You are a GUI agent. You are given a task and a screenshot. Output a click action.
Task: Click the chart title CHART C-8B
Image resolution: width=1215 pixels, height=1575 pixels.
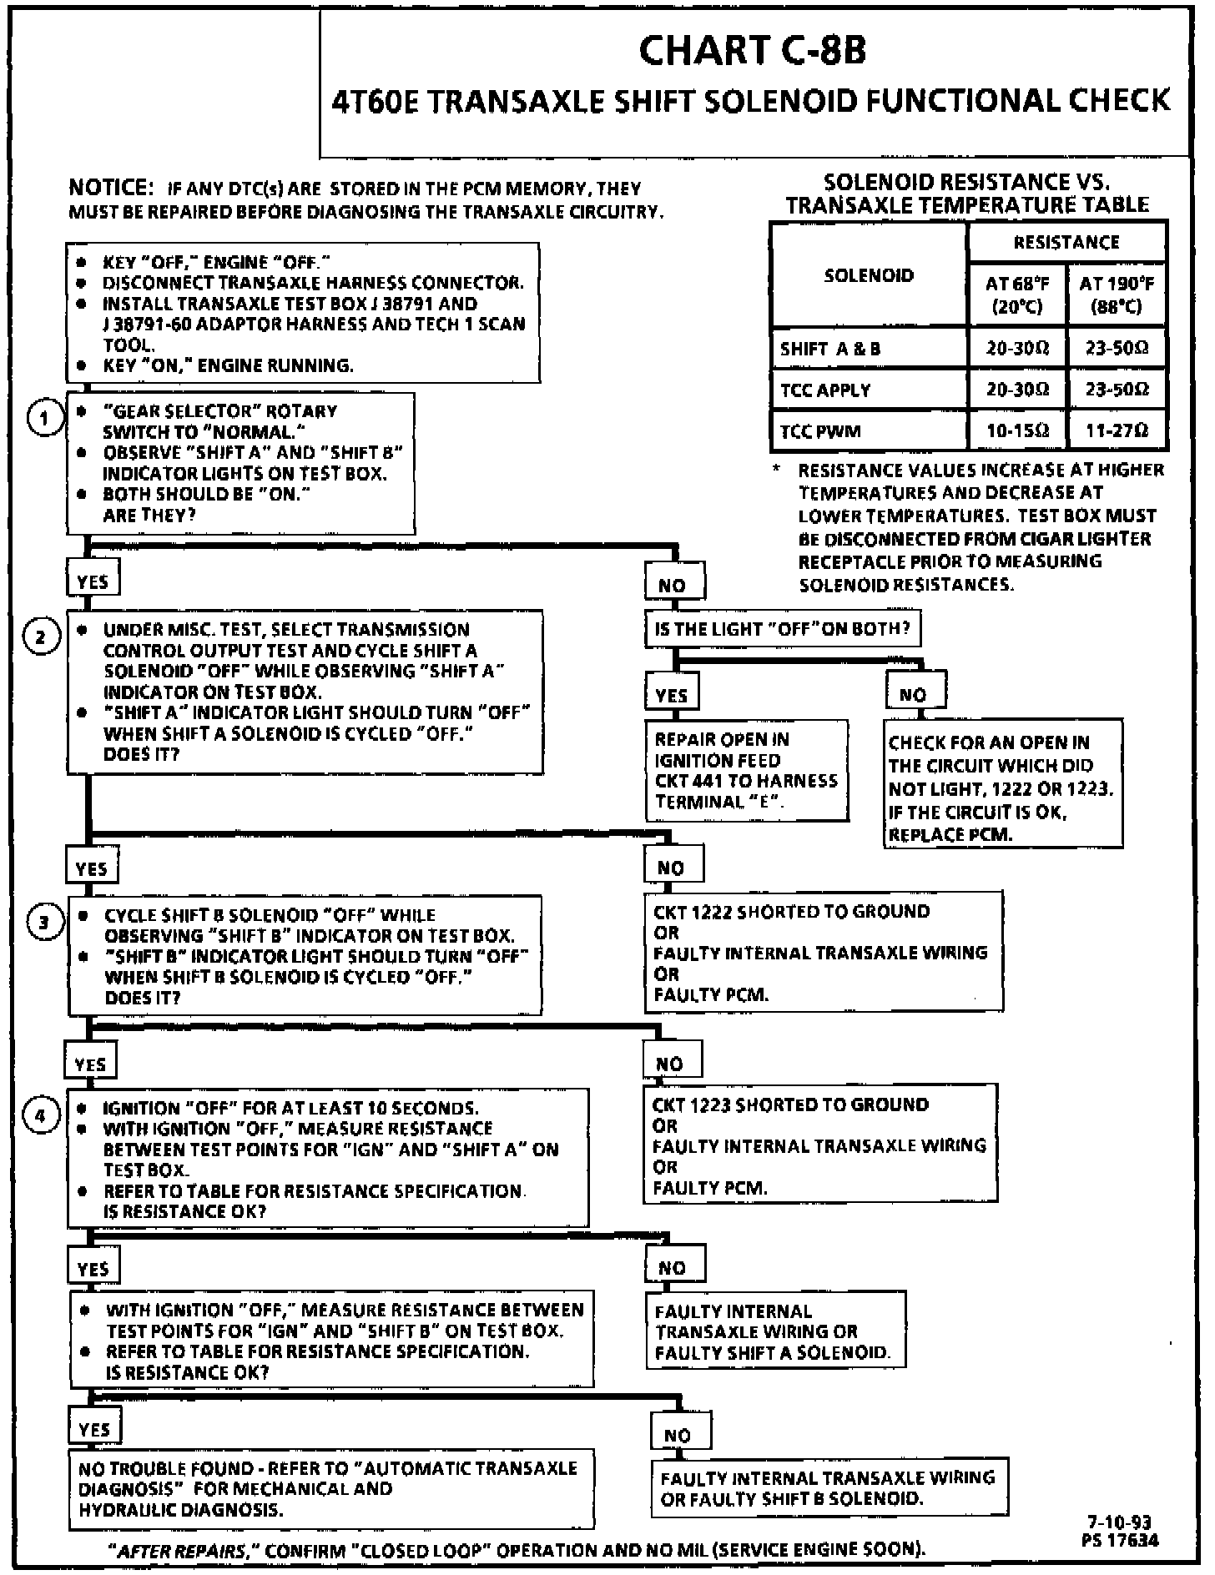[x=753, y=50]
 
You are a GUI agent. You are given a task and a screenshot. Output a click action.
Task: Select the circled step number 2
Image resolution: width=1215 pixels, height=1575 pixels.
[x=41, y=638]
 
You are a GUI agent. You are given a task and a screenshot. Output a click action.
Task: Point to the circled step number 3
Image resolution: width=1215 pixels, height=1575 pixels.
[x=43, y=922]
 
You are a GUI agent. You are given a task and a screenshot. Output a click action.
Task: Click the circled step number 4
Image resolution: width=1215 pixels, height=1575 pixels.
[x=42, y=1115]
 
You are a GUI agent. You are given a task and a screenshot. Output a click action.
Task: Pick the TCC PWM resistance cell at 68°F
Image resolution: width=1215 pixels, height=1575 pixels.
[x=1016, y=431]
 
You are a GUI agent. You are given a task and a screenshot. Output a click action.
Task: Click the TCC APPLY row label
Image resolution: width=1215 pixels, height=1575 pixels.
[x=825, y=390]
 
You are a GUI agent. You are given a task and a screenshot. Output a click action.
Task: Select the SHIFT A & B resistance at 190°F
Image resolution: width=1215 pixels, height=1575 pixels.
[x=1117, y=349]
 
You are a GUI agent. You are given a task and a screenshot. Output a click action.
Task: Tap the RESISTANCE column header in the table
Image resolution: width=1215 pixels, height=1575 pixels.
[x=1066, y=243]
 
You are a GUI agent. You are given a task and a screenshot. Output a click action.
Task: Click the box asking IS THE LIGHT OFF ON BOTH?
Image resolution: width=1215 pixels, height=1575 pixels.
[x=782, y=629]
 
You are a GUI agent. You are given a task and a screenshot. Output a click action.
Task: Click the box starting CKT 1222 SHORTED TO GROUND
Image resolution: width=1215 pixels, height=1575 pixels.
[x=823, y=952]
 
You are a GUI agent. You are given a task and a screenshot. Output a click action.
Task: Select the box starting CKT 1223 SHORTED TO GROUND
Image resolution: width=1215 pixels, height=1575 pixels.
[x=819, y=1145]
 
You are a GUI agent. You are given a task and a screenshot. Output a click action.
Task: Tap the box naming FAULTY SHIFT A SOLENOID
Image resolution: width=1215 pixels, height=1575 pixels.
[x=774, y=1331]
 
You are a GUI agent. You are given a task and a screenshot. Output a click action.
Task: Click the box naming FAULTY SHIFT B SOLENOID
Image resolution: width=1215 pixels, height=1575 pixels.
[x=829, y=1487]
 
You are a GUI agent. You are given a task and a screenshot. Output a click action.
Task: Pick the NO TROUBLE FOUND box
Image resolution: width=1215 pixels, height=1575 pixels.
[x=330, y=1488]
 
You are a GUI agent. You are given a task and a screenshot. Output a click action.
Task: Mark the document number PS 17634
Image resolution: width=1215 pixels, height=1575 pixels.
[x=1119, y=1540]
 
